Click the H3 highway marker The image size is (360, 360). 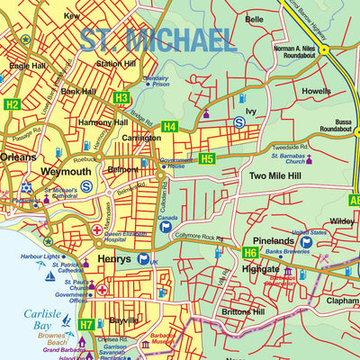(121, 97)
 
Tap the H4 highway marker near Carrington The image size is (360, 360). (170, 127)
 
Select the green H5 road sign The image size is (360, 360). (207, 159)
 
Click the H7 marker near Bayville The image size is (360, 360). (85, 324)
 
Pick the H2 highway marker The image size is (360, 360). (11, 104)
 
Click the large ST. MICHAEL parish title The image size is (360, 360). (157, 40)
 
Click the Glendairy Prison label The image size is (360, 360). (155, 82)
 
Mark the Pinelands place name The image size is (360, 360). (273, 241)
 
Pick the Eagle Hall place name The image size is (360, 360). (27, 66)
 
